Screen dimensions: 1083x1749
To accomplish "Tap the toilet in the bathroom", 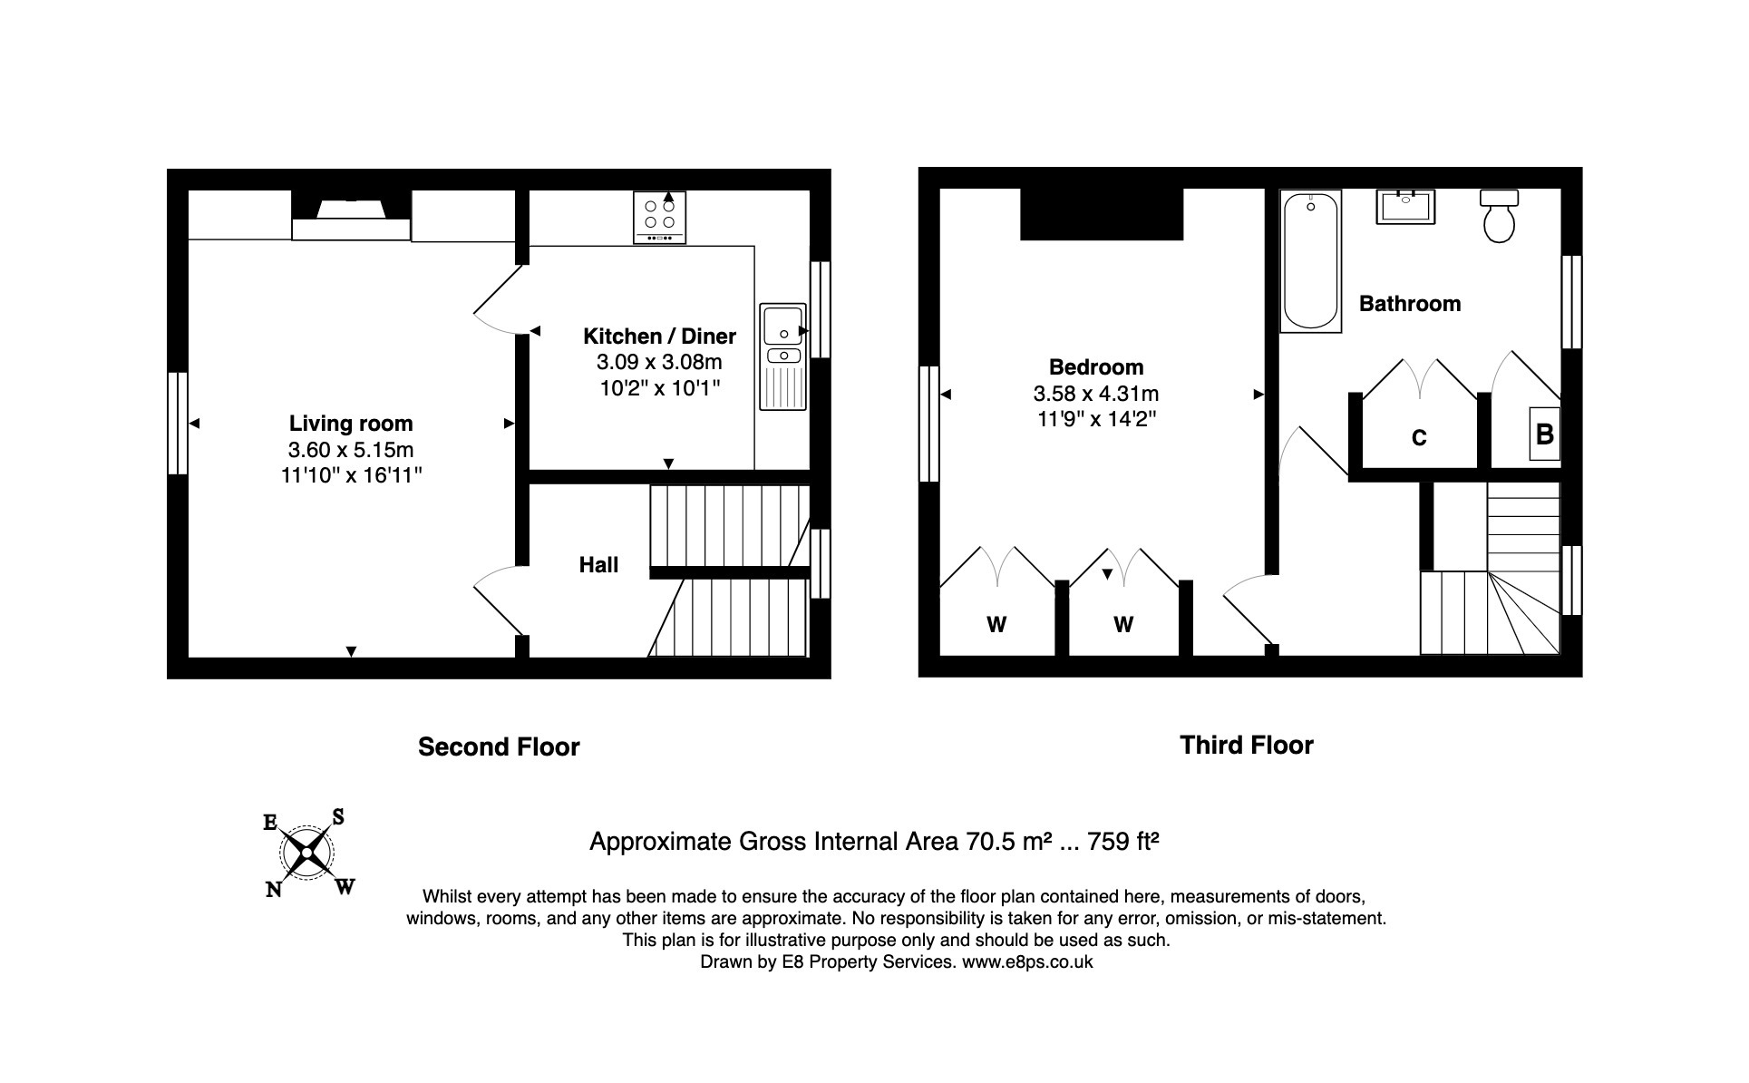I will pos(1499,218).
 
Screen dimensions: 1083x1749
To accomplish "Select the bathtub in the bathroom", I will pos(1310,261).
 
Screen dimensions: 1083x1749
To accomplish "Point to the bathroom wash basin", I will pos(1405,208).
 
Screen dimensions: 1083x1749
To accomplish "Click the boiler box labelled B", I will pos(1544,434).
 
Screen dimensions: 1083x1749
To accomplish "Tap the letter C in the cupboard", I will pos(1419,439).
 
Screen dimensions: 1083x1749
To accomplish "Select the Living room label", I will pos(351,424).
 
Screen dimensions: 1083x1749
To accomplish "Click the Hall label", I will pos(598,565).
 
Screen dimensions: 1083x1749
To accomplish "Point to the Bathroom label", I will pos(1409,304).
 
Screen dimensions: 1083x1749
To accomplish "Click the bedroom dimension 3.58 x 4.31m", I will pos(1095,394).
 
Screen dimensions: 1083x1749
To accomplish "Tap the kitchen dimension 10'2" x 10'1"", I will pos(659,388).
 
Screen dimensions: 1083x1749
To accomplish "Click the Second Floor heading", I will pos(499,747).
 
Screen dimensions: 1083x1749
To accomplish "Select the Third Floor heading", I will pos(1246,746).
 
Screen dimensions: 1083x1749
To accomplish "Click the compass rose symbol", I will pos(308,854).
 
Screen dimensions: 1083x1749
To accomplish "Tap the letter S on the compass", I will pos(338,817).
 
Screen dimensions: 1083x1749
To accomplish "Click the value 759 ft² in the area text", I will pos(1123,842).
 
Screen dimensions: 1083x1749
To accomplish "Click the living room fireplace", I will pos(351,218).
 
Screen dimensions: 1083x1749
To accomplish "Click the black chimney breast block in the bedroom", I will pos(1101,214).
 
